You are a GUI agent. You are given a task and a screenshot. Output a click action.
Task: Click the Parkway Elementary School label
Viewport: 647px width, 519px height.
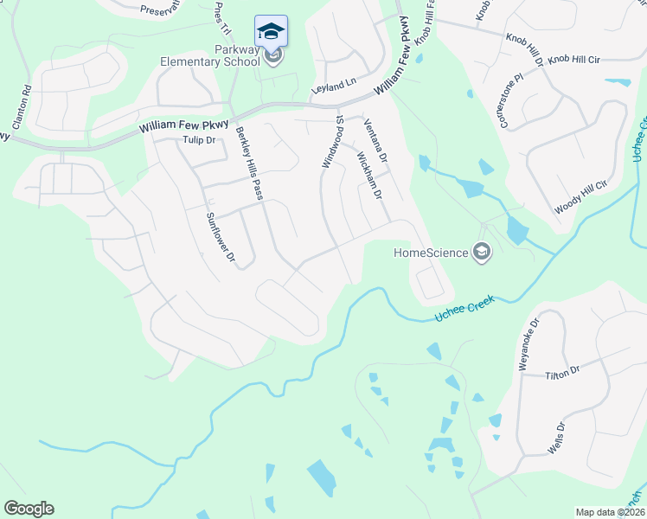pyautogui.click(x=209, y=56)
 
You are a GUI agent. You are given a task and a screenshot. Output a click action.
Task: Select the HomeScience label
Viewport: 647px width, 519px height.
pyautogui.click(x=430, y=253)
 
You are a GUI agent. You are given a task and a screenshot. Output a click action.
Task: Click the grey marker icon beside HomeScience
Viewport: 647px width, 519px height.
pyautogui.click(x=482, y=253)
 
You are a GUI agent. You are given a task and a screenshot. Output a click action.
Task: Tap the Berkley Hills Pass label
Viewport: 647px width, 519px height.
pyautogui.click(x=248, y=164)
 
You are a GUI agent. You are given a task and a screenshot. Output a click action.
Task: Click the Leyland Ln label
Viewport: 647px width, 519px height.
pyautogui.click(x=334, y=86)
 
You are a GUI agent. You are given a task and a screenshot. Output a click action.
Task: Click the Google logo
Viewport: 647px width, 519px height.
pyautogui.click(x=29, y=509)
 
